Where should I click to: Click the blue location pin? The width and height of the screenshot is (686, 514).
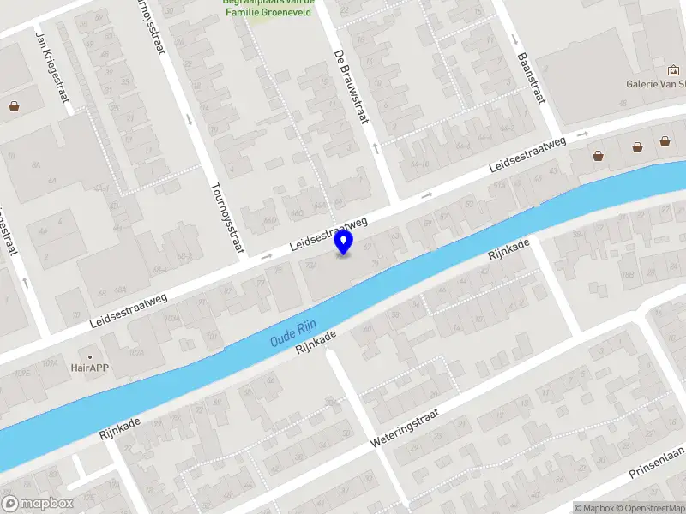(x=344, y=242)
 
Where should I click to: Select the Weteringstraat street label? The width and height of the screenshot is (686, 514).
(x=405, y=428)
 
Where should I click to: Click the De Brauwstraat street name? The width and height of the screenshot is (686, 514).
(x=351, y=86)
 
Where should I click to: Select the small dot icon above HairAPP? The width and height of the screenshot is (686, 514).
(x=89, y=355)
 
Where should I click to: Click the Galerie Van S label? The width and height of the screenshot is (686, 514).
(x=656, y=84)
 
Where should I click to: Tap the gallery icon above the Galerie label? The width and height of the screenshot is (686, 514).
(x=672, y=70)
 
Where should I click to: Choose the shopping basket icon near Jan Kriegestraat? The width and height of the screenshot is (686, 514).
(x=14, y=107)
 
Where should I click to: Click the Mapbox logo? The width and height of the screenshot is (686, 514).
(x=38, y=504)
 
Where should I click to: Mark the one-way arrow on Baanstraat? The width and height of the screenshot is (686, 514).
(x=514, y=39)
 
